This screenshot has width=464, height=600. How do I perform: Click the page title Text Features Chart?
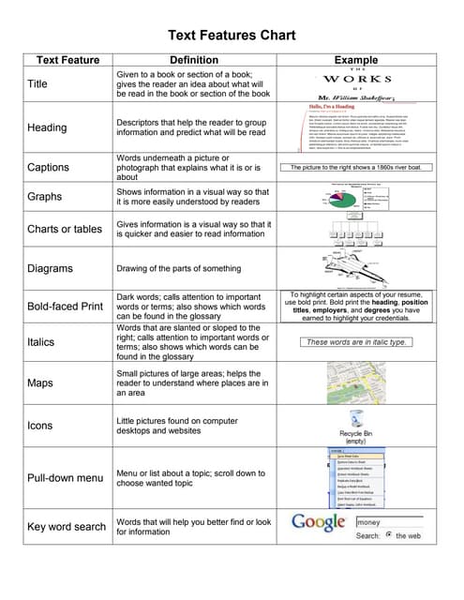(231, 36)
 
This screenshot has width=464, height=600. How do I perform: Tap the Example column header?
(362, 60)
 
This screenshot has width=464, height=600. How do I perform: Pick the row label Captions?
(50, 169)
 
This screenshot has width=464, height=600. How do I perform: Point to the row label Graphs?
(45, 197)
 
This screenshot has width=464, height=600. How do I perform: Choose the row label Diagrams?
(50, 268)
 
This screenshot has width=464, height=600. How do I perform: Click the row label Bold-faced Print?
(65, 307)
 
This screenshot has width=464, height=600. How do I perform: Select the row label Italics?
(41, 342)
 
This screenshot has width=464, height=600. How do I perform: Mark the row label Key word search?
(67, 527)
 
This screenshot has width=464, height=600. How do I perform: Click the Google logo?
(320, 523)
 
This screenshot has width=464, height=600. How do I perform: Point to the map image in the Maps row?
(362, 383)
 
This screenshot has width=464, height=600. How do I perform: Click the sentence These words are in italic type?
(357, 342)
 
